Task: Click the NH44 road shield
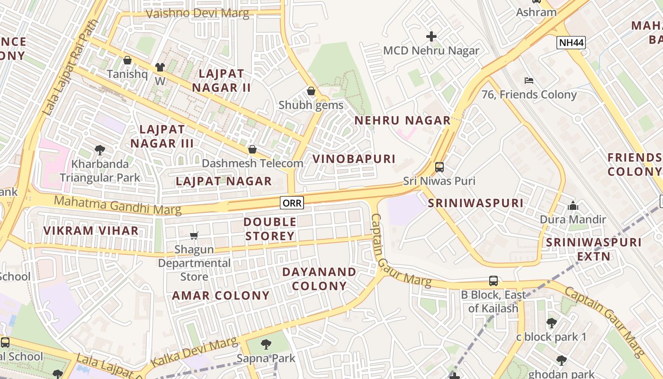pyautogui.click(x=571, y=43)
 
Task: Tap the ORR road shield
pyautogui.click(x=292, y=203)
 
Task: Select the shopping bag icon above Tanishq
pyautogui.click(x=127, y=60)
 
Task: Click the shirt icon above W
pyautogui.click(x=160, y=67)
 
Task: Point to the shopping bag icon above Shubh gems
pyautogui.click(x=311, y=90)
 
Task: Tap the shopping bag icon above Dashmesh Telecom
pyautogui.click(x=252, y=149)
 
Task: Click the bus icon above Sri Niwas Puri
pyautogui.click(x=439, y=167)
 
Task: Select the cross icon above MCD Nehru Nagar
pyautogui.click(x=431, y=36)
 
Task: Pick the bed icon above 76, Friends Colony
pyautogui.click(x=529, y=81)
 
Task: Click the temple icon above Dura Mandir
pyautogui.click(x=573, y=206)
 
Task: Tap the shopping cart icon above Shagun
pyautogui.click(x=194, y=235)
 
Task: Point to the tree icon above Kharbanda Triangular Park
pyautogui.click(x=100, y=150)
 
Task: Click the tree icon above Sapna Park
pyautogui.click(x=266, y=344)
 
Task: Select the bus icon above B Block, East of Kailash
pyautogui.click(x=493, y=281)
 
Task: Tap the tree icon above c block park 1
pyautogui.click(x=551, y=323)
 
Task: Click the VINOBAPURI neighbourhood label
pyautogui.click(x=354, y=159)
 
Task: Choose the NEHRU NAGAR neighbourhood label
pyautogui.click(x=403, y=120)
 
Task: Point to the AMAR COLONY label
pyautogui.click(x=221, y=296)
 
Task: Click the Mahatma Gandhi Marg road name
pyautogui.click(x=117, y=204)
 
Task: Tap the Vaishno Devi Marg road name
pyautogui.click(x=197, y=13)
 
